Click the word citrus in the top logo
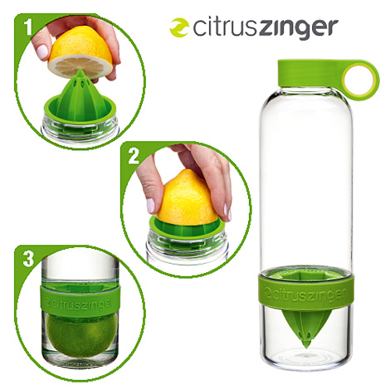coord(225,27)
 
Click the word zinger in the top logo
coord(299,29)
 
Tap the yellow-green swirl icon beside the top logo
coord(179,27)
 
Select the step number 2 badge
coord(134,156)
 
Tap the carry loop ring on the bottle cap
coord(361,80)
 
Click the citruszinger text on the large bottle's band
coord(306,295)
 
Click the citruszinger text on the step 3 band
coord(80,302)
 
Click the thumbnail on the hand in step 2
coord(151,205)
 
